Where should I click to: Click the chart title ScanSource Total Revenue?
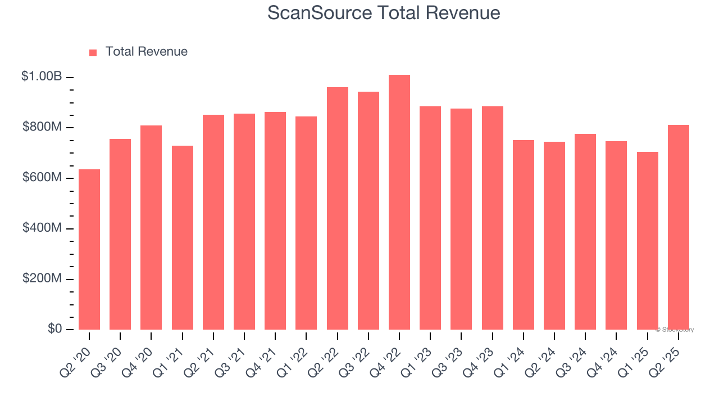click(384, 12)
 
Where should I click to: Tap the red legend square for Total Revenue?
click(93, 52)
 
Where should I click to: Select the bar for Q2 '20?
click(89, 249)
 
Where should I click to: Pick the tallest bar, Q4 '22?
click(399, 202)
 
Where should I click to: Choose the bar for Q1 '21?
click(183, 237)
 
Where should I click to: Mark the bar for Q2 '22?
click(338, 208)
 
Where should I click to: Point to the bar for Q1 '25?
click(648, 240)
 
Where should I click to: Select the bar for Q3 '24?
click(585, 231)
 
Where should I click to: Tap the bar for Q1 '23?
click(430, 218)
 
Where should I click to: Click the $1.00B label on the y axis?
click(42, 76)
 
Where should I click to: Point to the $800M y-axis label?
click(42, 127)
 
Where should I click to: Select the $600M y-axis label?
click(42, 178)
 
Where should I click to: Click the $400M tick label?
click(42, 228)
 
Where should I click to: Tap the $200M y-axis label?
click(42, 279)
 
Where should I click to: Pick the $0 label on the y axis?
click(54, 329)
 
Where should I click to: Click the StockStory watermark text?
click(675, 330)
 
